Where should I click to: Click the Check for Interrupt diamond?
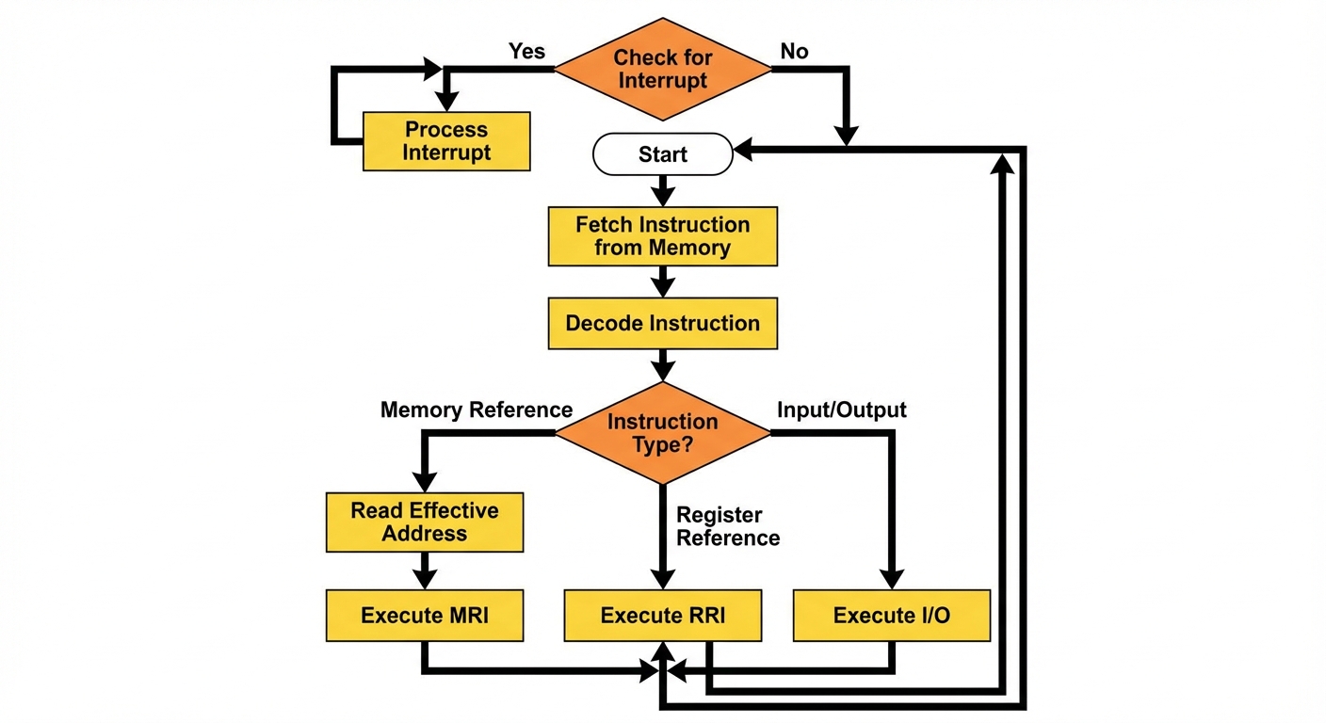click(662, 69)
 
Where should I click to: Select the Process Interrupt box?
click(446, 141)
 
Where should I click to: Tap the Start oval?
click(662, 154)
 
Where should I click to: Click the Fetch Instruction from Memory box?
click(662, 236)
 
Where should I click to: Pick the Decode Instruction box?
click(662, 324)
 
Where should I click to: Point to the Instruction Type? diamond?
click(662, 433)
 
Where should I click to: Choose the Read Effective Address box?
click(424, 522)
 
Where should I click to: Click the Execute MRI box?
click(424, 616)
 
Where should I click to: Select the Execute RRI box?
click(662, 616)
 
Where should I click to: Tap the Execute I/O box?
click(891, 616)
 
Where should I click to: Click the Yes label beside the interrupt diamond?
click(526, 51)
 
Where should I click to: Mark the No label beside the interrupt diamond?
click(794, 51)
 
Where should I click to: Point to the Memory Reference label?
click(476, 410)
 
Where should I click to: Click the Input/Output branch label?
click(841, 410)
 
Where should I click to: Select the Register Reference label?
click(728, 526)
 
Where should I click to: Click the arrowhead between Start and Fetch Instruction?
click(662, 196)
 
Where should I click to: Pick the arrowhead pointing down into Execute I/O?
click(891, 578)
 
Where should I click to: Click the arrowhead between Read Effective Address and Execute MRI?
click(424, 578)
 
